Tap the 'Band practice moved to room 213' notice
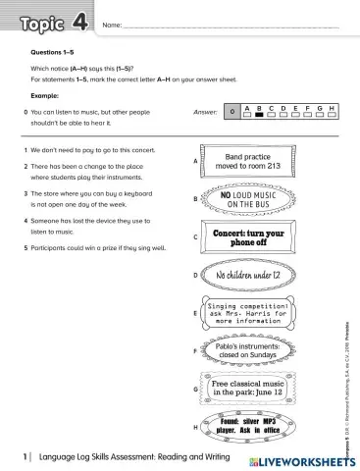click(x=247, y=161)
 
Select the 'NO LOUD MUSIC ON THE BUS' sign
click(x=248, y=199)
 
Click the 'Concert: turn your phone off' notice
click(x=248, y=238)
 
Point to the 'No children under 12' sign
click(x=248, y=276)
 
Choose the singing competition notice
click(x=247, y=313)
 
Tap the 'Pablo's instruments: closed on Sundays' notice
click(x=248, y=351)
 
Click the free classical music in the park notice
click(x=248, y=389)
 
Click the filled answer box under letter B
click(x=260, y=115)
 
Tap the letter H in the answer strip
click(x=333, y=107)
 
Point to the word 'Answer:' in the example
click(x=205, y=112)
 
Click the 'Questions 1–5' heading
click(x=54, y=48)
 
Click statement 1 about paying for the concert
click(x=88, y=151)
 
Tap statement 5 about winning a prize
click(x=91, y=248)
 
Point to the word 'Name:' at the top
click(x=112, y=23)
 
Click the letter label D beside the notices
click(x=196, y=276)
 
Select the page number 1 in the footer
click(x=25, y=457)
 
